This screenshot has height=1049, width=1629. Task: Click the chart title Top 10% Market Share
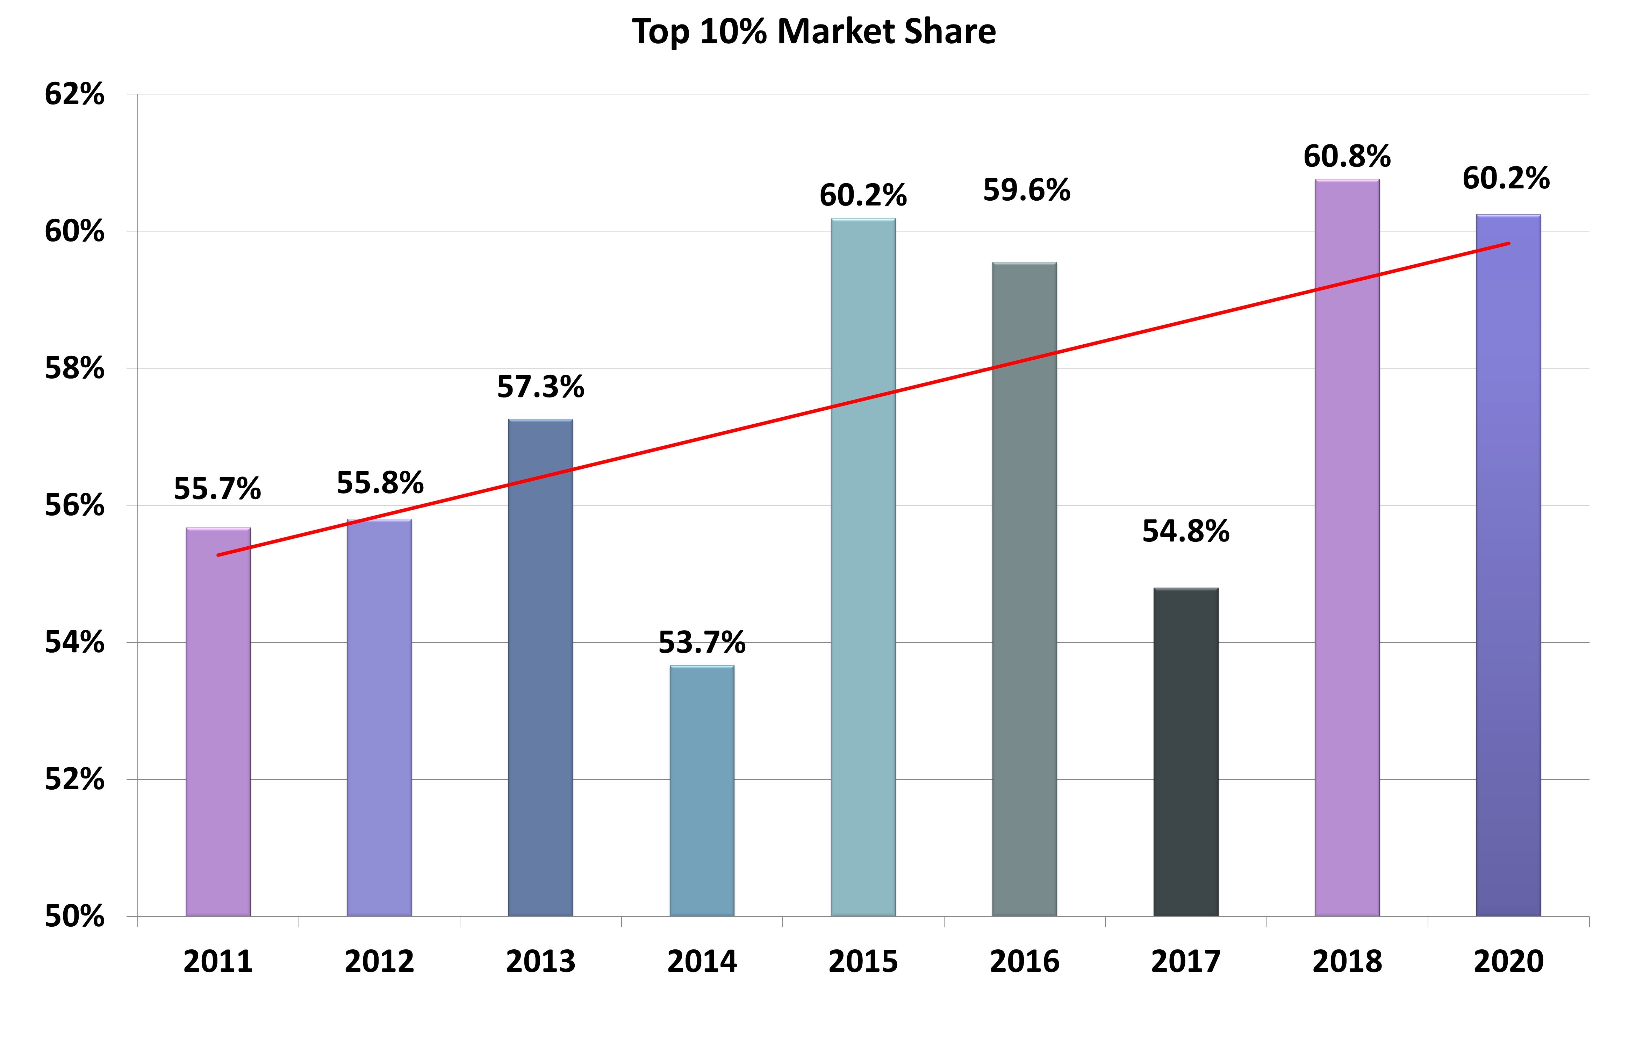click(814, 32)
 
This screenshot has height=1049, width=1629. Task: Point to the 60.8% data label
click(1347, 157)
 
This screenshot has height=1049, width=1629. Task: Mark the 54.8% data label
click(1186, 531)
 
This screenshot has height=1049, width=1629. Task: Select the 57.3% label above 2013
click(541, 387)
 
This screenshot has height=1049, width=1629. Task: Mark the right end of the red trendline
click(1508, 243)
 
